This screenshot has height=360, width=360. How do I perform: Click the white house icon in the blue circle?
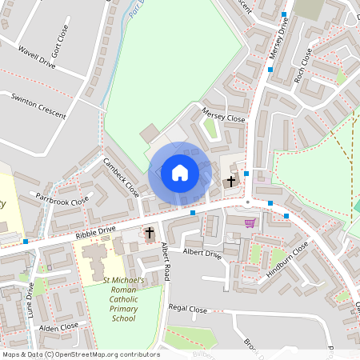tap(180, 172)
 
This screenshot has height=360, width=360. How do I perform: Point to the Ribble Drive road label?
tap(96, 231)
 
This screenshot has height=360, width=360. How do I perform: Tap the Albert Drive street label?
tap(201, 253)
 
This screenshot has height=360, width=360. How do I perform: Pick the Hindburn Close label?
tap(287, 261)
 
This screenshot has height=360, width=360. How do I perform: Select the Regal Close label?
tap(188, 309)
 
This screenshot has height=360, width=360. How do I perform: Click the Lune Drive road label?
tap(31, 304)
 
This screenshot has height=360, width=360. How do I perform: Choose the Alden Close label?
tap(58, 326)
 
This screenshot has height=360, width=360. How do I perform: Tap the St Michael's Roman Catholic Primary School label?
tap(124, 299)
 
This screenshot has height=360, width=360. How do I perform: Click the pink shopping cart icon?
tap(250, 223)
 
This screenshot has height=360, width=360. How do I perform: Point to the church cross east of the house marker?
tap(231, 182)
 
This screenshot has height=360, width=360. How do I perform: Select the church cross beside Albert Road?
tap(149, 232)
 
